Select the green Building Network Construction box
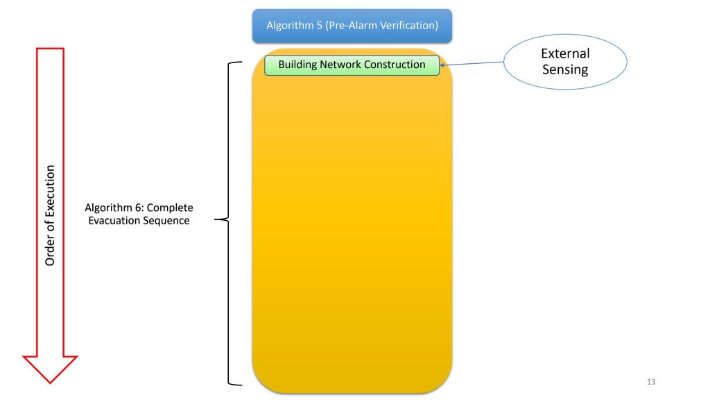click(x=352, y=65)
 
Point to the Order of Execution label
click(x=51, y=215)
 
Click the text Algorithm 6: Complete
click(x=139, y=208)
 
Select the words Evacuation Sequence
click(x=139, y=221)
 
